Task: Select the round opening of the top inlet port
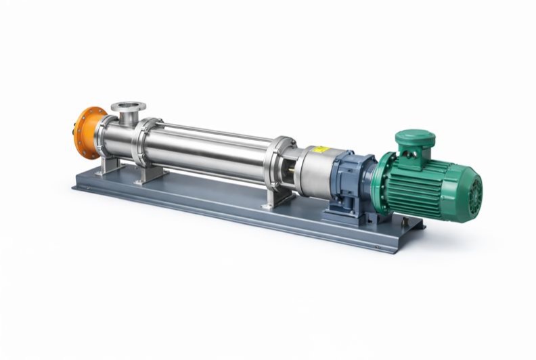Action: pos(128,106)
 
